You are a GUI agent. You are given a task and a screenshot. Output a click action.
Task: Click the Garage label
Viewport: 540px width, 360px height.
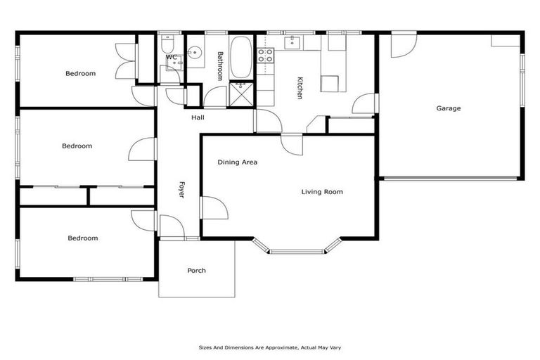(x=449, y=108)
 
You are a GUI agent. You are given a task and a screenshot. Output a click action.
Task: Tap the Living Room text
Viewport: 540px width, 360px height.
(x=322, y=191)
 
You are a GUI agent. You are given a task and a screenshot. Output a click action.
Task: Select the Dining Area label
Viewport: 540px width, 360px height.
(x=237, y=162)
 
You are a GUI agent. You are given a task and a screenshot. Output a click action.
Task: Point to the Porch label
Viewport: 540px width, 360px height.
(x=196, y=271)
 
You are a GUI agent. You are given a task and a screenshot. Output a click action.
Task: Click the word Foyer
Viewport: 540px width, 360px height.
(x=181, y=190)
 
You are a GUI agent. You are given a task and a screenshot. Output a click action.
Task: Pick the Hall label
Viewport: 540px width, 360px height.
(x=198, y=117)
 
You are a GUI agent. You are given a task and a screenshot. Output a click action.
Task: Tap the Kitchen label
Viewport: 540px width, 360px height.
(x=299, y=87)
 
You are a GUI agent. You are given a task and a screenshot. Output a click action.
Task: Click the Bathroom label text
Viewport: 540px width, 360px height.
(x=220, y=66)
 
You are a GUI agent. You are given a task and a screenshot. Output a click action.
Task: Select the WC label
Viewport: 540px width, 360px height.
(x=171, y=57)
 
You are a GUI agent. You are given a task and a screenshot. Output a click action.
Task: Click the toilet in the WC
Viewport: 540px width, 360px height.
(x=167, y=46)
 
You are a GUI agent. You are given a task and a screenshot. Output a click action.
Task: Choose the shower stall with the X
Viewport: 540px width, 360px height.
(x=241, y=92)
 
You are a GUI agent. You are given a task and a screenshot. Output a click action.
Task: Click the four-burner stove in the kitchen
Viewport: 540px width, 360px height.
(x=265, y=55)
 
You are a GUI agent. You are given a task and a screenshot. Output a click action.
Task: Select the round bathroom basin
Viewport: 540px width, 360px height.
(x=195, y=53)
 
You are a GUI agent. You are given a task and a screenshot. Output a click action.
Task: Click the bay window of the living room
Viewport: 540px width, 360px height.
(x=297, y=247)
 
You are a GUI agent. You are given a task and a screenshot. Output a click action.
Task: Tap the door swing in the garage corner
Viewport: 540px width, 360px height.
(x=403, y=44)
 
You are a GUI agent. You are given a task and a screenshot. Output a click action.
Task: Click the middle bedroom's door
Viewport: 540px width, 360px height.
(x=143, y=150)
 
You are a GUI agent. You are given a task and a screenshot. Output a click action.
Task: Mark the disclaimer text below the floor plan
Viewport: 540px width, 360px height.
(x=270, y=347)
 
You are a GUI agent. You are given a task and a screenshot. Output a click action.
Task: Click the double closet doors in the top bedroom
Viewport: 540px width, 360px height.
(x=125, y=60)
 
